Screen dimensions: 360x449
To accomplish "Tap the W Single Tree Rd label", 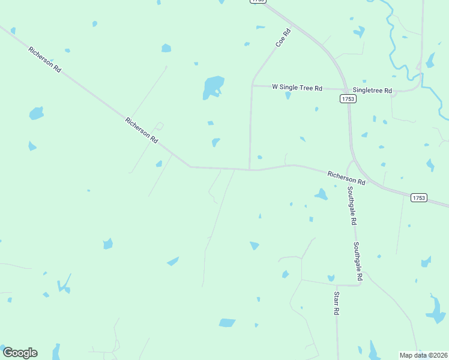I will [297, 87].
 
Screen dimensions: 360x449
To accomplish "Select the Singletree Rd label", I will [372, 91].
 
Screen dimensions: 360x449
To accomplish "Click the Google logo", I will [20, 353].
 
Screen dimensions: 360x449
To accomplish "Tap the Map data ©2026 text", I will [424, 355].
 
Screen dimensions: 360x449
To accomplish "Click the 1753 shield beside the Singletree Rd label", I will [348, 98].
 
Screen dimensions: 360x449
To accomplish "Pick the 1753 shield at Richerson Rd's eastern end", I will [419, 197].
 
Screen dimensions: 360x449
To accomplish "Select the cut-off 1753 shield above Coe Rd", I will [258, 2].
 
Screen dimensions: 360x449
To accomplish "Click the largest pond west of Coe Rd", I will [213, 86].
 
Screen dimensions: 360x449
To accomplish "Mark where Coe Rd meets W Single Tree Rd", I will [251, 85].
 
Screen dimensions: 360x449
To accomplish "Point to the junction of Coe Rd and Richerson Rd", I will [250, 169].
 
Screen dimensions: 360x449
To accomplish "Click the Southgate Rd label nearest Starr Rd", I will [358, 262].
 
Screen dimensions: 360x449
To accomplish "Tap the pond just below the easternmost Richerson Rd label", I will [321, 194].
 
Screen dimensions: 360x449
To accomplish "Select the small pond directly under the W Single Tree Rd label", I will [288, 95].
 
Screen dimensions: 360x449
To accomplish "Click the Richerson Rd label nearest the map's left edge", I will [45, 59].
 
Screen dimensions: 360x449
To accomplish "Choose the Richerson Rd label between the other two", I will [142, 130].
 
